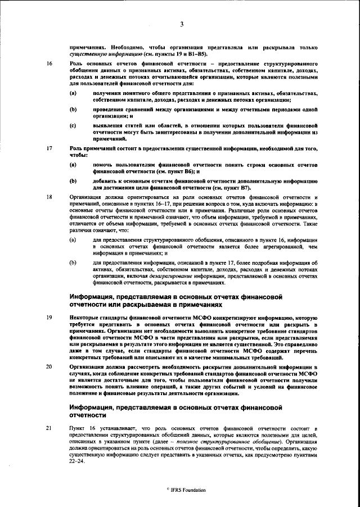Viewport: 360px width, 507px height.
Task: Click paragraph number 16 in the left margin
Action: [x=49, y=64]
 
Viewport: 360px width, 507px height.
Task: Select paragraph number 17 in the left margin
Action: [x=49, y=148]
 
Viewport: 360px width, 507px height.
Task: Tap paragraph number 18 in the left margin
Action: [x=49, y=197]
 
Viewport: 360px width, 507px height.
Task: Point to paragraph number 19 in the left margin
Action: [x=49, y=318]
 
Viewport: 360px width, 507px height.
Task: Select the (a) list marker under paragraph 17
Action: [x=73, y=164]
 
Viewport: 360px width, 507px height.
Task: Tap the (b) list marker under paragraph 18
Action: [x=73, y=262]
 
